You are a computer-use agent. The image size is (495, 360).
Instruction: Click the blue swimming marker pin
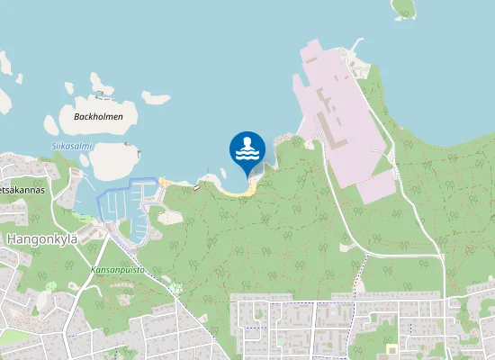[247, 150]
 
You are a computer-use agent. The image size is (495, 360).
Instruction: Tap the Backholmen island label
[103, 116]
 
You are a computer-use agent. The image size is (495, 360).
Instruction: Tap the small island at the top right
[404, 9]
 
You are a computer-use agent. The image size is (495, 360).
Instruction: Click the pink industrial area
[346, 126]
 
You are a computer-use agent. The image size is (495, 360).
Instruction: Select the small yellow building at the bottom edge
[391, 348]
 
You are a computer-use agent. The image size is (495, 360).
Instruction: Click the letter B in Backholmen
[74, 116]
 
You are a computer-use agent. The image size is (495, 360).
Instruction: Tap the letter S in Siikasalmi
[53, 146]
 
